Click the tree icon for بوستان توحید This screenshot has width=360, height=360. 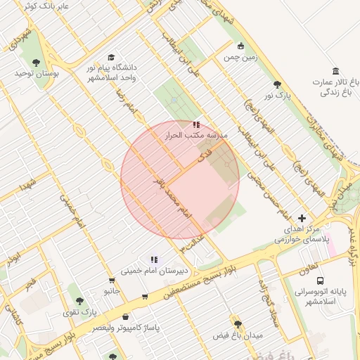click(x=37, y=63)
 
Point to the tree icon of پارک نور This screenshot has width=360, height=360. click(x=277, y=84)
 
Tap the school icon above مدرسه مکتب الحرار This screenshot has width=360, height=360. click(x=195, y=124)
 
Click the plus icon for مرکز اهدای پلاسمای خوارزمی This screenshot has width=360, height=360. click(x=302, y=218)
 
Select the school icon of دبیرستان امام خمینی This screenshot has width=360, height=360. click(x=154, y=259)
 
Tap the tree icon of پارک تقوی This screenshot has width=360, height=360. click(x=79, y=300)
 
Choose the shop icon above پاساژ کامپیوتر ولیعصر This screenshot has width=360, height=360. click(x=126, y=317)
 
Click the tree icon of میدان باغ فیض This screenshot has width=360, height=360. click(x=238, y=324)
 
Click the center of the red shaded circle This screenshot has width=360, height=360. click(x=180, y=180)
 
